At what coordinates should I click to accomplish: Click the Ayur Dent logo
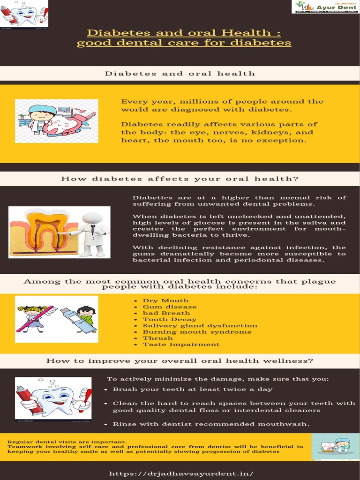point(325,7)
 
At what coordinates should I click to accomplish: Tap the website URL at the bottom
point(181,473)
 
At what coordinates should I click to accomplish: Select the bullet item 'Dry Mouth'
point(165,300)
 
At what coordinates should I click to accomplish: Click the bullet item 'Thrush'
point(157,338)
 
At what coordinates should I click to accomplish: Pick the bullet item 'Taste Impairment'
point(181,344)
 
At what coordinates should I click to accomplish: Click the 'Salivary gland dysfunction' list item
point(200,325)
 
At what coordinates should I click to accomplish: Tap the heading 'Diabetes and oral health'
point(180,74)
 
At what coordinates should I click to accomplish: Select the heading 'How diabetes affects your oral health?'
point(180,179)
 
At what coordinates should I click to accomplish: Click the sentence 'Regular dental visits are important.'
point(67,442)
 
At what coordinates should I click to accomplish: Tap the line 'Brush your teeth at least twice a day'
point(193,389)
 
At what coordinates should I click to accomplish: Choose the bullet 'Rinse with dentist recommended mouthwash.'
point(211,424)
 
